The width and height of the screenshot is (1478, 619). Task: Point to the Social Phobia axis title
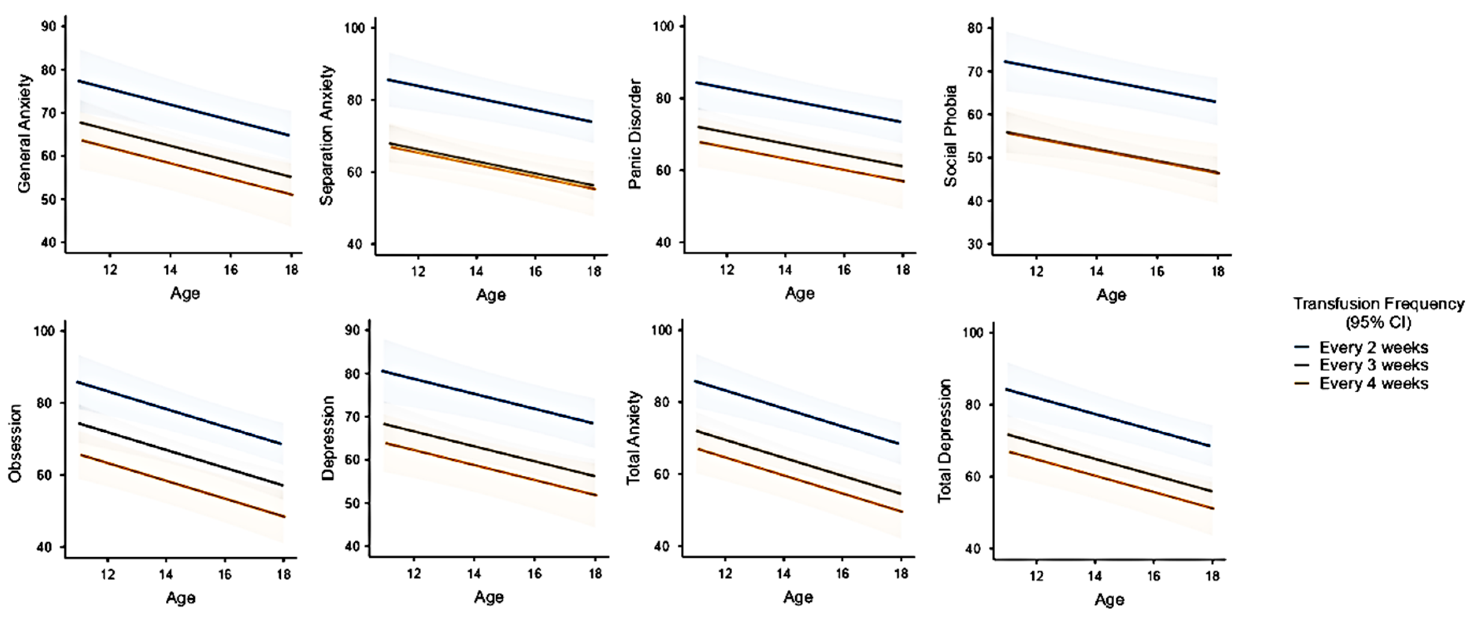pyautogui.click(x=951, y=136)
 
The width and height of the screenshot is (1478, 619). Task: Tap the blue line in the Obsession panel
pyautogui.click(x=178, y=412)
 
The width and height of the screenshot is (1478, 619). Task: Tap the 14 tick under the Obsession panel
pyautogui.click(x=166, y=574)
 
